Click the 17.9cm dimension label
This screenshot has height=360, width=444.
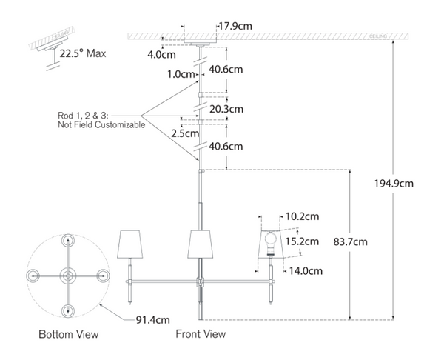tap(235, 26)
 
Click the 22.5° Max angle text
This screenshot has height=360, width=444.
tap(86, 53)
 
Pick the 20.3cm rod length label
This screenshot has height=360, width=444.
tap(226, 108)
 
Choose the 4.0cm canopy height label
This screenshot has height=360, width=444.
tap(161, 54)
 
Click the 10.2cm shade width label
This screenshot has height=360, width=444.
tap(302, 216)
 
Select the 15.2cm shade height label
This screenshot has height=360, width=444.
tap(302, 241)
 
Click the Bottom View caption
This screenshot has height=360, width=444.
tap(69, 335)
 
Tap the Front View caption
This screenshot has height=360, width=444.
tap(201, 335)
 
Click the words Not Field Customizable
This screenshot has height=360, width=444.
tap(101, 125)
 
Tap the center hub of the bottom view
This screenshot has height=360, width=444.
tap(67, 275)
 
